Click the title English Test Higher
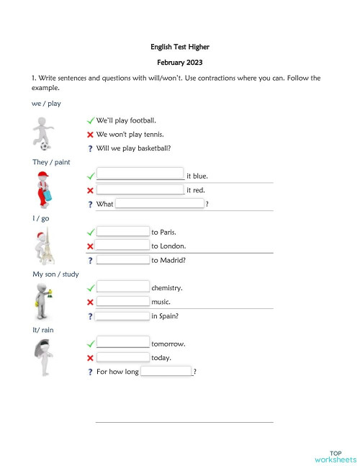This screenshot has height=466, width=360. coord(180,47)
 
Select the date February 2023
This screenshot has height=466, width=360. coord(180,63)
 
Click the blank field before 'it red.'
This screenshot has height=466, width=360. coord(140,190)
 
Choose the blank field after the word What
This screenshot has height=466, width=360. coord(160,205)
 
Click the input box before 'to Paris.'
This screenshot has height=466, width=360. coord(122,232)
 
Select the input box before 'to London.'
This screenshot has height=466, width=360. coord(122,246)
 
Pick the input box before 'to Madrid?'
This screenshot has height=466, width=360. coord(122,260)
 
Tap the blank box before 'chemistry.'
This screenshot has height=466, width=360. coord(122,287)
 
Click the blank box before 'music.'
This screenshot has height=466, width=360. coord(122,302)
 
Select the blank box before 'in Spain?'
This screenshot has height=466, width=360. coord(122,316)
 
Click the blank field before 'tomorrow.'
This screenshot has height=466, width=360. coord(122,344)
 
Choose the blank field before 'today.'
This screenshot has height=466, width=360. coord(122,357)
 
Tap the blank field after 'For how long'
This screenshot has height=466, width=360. coord(166,372)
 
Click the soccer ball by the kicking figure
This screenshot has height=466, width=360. coord(45,146)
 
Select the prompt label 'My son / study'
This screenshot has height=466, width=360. coord(55,274)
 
